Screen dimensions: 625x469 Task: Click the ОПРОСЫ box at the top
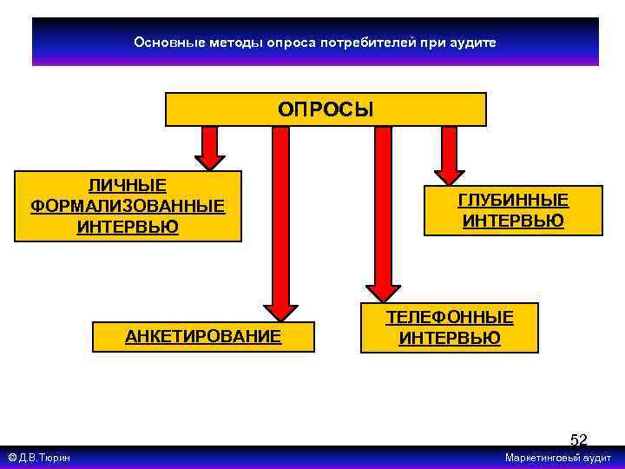pos(326,109)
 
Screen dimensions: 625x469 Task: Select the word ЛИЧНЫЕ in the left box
pos(128,185)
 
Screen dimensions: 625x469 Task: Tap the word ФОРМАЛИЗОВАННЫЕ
pos(128,206)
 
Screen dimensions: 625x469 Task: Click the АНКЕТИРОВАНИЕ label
pos(203,336)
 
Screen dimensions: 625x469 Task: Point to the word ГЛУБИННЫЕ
pos(513,201)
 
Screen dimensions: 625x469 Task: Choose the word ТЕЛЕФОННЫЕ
pos(450,317)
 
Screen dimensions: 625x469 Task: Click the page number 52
pos(578,440)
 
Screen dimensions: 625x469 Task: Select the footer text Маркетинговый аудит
pos(558,458)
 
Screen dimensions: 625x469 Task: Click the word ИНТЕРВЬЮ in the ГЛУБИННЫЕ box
pos(513,221)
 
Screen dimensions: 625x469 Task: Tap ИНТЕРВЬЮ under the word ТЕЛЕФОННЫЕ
pos(450,338)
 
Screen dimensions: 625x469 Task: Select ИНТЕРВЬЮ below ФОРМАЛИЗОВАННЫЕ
pos(128,227)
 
